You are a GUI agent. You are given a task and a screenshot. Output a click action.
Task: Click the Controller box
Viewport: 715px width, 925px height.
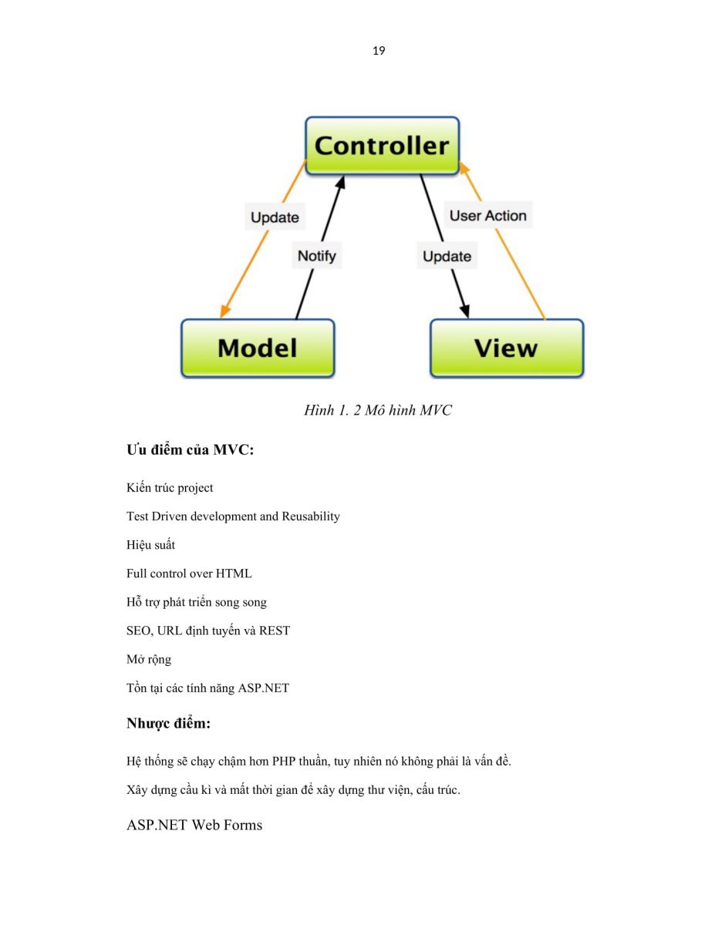382,146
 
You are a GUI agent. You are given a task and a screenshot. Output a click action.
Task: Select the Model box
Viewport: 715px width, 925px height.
258,348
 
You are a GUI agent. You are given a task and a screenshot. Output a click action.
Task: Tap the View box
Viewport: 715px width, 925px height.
506,348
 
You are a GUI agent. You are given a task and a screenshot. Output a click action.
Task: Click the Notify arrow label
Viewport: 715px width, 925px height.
316,255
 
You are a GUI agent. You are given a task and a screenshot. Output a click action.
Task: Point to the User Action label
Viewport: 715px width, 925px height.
488,215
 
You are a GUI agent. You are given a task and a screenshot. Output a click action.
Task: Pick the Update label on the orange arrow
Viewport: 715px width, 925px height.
275,217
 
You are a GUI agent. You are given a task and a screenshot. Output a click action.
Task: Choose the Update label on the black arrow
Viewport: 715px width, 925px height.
447,256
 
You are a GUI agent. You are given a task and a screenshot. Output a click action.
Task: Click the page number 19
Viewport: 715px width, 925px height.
379,51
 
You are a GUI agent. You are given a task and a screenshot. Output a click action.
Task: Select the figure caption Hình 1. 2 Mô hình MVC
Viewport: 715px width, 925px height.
378,409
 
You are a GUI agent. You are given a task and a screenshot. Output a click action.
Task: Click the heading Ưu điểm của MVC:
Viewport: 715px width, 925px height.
190,449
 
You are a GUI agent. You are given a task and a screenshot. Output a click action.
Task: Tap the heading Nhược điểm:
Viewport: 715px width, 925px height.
169,723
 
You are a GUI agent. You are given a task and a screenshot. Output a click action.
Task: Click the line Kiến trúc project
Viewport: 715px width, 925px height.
170,487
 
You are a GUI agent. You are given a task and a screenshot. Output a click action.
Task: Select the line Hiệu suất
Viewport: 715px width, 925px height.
150,544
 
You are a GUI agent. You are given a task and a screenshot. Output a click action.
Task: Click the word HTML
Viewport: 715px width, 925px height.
234,573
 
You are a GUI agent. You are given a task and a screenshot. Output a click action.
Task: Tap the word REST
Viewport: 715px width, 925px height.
275,631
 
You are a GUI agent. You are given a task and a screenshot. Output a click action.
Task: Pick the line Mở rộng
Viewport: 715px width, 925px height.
149,659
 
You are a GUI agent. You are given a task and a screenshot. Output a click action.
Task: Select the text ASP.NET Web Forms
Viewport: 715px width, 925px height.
194,825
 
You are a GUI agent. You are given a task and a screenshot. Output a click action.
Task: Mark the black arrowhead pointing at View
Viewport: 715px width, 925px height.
465,311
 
